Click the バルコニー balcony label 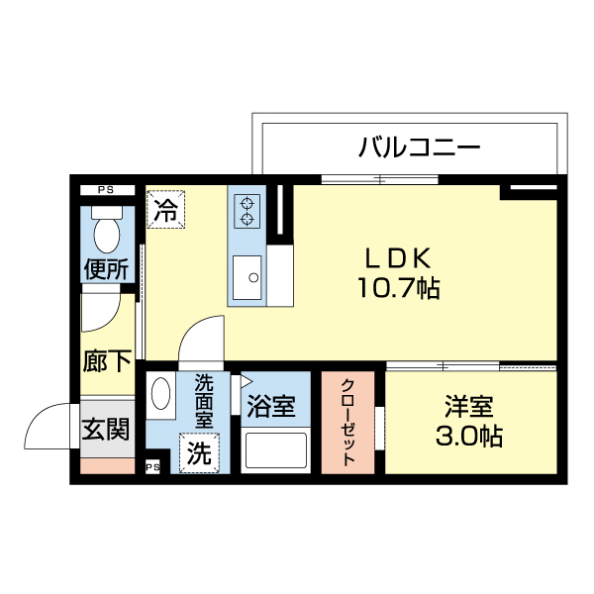point(419,148)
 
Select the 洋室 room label point(468,407)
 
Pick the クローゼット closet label point(348,423)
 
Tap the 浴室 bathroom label point(270,406)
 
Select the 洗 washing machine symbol point(198,453)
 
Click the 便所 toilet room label point(106,268)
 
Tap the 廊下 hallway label point(106,361)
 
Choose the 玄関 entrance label point(105,429)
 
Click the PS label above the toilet point(104,190)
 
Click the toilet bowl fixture point(105,231)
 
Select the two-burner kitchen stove point(246,210)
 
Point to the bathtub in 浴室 point(277,450)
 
